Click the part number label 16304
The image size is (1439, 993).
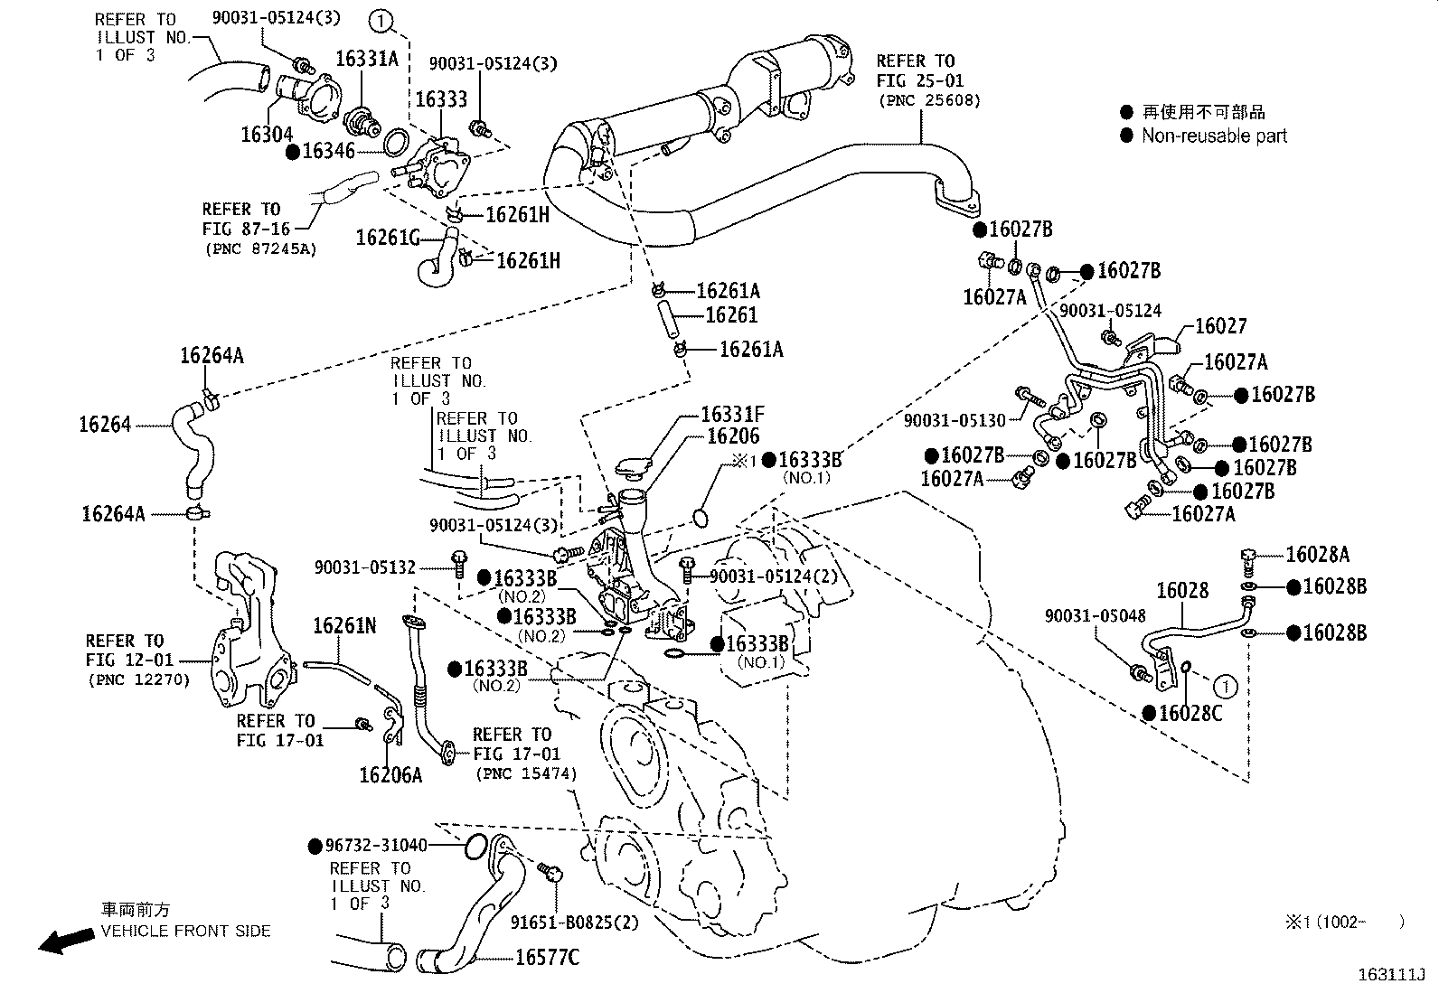[267, 135]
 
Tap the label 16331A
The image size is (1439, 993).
[366, 59]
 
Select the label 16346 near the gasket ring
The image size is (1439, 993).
[328, 151]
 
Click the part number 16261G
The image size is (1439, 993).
[388, 237]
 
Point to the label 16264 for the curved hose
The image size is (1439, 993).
[105, 424]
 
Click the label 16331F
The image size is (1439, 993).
[732, 415]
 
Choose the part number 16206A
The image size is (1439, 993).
[390, 774]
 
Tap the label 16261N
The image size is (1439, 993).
[344, 625]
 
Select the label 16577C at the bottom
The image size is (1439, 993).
[547, 957]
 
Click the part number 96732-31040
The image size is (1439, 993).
[376, 846]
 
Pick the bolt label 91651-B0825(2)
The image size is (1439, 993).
[587, 923]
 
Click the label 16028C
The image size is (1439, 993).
[1190, 713]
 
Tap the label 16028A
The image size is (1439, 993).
[1317, 554]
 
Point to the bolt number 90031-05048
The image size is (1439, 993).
[1095, 615]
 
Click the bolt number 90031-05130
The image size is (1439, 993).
[954, 420]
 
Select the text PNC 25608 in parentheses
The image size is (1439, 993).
[928, 100]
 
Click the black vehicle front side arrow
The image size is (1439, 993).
[66, 941]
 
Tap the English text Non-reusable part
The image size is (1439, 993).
[1213, 136]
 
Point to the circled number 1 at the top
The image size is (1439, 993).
[381, 20]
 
